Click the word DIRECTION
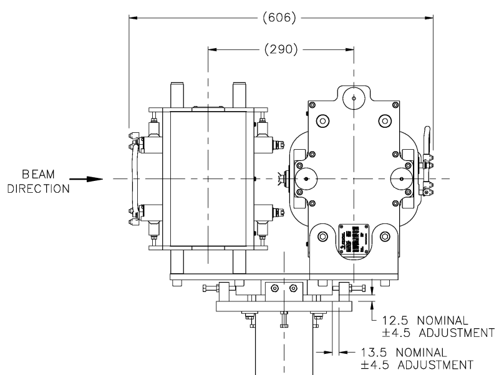pos(37,188)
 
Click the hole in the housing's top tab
pos(354,98)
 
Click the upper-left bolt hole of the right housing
pos(322,120)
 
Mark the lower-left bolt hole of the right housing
pos(322,236)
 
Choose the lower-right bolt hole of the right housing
pos(385,236)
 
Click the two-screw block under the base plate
pos(284,289)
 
